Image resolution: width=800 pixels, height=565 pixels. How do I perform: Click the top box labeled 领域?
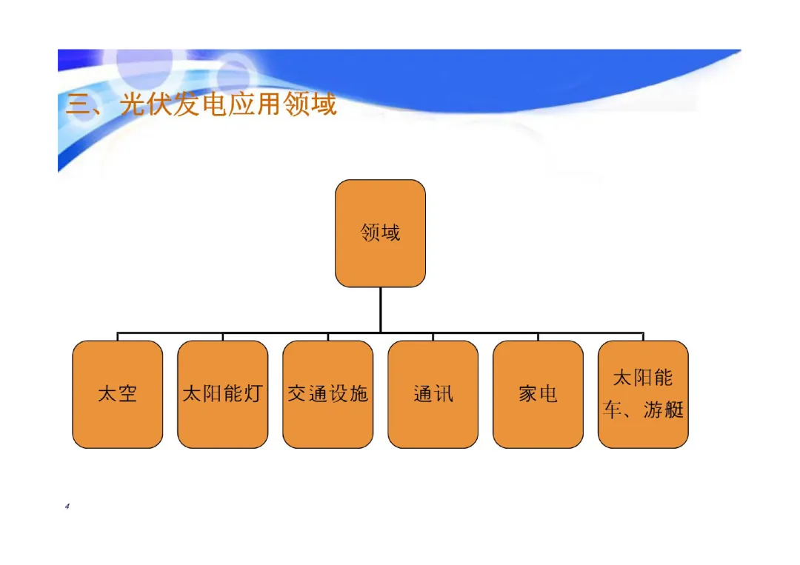380,233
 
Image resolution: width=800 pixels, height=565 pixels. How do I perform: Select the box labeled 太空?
117,394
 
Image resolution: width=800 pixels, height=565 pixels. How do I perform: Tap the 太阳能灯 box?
222,394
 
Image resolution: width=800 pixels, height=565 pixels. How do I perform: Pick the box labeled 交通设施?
327,394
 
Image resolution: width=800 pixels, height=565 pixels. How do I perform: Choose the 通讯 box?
433,394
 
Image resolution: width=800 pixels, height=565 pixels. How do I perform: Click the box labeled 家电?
538,394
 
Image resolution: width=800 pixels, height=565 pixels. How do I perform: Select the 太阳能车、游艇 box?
643,394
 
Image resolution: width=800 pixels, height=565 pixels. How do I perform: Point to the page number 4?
67,507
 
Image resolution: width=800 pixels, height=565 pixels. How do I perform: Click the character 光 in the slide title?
133,104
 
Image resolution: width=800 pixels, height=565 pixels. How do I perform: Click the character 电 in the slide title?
215,104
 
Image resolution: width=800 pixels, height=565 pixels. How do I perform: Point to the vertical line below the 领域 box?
380,310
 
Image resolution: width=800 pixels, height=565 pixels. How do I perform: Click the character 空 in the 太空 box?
127,394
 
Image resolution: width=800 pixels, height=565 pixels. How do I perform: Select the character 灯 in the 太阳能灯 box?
253,394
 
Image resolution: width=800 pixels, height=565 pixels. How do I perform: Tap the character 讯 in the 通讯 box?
443,394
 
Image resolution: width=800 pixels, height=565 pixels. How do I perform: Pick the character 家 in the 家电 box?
527,394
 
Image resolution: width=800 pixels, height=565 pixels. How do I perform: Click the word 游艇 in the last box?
663,409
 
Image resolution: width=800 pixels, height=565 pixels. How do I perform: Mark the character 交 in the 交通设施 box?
297,394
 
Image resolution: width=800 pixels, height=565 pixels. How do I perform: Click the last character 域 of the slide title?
324,104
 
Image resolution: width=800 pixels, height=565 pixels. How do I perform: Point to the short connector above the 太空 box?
117,336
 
